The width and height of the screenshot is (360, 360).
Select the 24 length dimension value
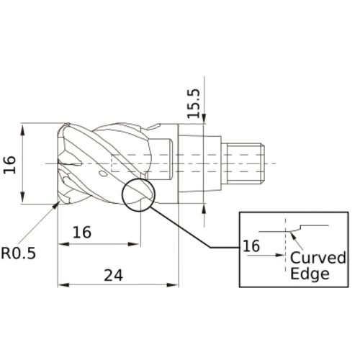[x=113, y=275]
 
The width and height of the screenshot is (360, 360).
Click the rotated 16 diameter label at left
[x=9, y=164]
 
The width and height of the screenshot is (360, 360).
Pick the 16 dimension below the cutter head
[x=82, y=233]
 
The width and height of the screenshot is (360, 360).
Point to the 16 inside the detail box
[x=251, y=246]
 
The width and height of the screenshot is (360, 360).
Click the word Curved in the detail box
[x=318, y=258]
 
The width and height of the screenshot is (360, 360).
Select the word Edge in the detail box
[x=310, y=273]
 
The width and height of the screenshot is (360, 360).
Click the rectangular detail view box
[x=295, y=249]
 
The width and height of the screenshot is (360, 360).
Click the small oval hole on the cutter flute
[x=104, y=174]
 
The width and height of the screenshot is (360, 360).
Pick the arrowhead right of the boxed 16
[x=282, y=253]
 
